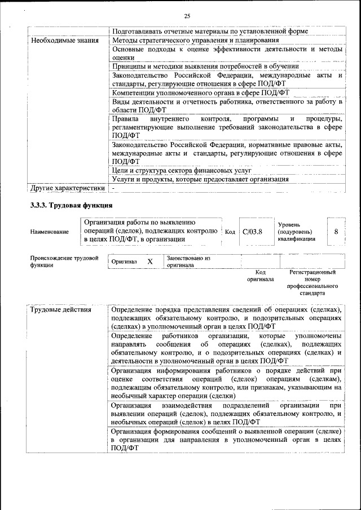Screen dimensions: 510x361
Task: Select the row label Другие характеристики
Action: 68,188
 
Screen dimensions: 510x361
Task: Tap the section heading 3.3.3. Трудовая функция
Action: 72,205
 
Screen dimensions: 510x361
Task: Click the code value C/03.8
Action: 252,232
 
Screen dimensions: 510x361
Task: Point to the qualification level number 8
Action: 336,231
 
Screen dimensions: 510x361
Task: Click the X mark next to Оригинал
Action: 150,261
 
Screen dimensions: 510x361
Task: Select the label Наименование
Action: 50,232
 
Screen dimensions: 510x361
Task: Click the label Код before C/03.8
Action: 230,232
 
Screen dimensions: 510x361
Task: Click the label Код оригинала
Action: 260,276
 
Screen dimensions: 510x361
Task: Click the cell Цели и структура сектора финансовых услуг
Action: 181,170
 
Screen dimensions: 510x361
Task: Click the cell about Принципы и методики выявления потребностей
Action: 205,66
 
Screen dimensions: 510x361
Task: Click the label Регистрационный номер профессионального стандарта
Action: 312,282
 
